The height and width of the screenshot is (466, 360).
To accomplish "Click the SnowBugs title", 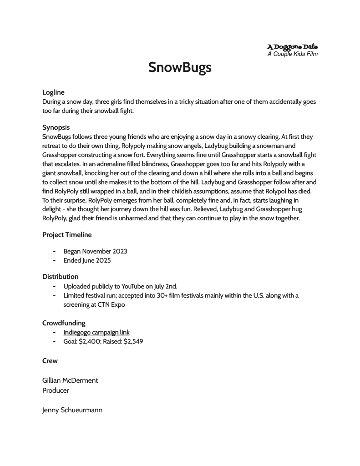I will [x=180, y=67].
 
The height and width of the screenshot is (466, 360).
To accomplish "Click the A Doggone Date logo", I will [x=292, y=46].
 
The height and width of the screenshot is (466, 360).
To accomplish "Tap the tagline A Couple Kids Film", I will [x=292, y=54].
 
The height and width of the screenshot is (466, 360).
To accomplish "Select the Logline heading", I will [x=53, y=92].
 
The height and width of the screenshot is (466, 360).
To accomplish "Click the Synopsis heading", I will [x=56, y=127].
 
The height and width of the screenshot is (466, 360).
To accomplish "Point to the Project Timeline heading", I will [x=67, y=235].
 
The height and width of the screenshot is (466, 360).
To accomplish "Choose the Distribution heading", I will [x=60, y=277].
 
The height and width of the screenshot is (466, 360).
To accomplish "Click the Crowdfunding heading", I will [x=64, y=323].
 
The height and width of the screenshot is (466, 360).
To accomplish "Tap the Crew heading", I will [x=50, y=361].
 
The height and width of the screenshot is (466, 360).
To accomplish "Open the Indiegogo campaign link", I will [x=96, y=332].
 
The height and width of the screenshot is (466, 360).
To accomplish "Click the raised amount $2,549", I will [x=133, y=341].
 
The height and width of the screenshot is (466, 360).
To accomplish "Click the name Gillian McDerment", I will [x=70, y=380].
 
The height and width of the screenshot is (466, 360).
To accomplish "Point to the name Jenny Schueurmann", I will [x=72, y=410].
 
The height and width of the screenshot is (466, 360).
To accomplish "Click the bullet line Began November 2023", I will [x=95, y=251].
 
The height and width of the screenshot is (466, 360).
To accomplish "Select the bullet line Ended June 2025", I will [x=87, y=261].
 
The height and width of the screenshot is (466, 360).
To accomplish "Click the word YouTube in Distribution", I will [x=132, y=286].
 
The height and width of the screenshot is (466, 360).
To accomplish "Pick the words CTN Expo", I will [x=111, y=305].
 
